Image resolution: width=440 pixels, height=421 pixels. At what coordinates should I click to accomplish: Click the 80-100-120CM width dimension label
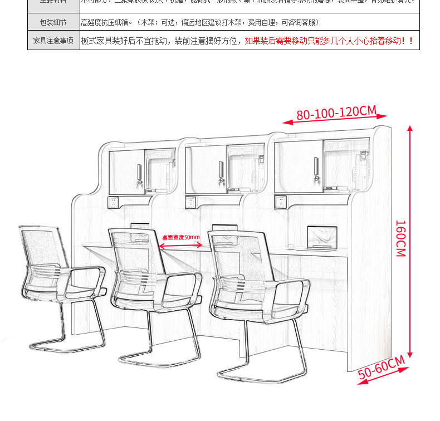point(336,113)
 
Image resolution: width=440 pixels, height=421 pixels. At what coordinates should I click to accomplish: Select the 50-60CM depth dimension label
point(382,368)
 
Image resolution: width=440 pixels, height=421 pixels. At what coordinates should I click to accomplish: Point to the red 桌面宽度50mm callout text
point(181,237)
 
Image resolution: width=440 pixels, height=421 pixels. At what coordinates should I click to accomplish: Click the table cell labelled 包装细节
point(53,22)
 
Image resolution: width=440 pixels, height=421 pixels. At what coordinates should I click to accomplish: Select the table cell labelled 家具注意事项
point(53,41)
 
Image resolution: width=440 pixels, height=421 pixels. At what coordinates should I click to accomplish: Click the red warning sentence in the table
point(329,41)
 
